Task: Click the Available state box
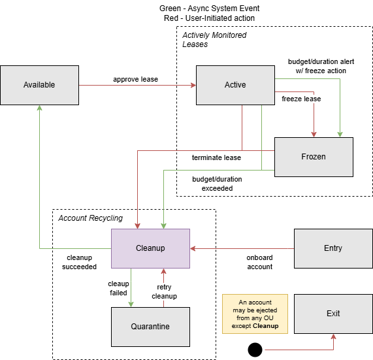39,85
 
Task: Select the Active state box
235,85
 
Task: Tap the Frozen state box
314,157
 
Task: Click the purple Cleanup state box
150,248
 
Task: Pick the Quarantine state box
150,327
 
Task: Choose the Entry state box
333,248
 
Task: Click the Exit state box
333,314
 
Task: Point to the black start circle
255,350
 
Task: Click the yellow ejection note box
255,314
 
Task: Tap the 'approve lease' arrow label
135,80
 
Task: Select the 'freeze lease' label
301,99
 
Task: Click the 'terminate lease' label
216,157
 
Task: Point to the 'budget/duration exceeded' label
217,184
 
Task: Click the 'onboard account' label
259,262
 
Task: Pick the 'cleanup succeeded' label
79,262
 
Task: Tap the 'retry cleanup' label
163,291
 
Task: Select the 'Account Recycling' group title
90,218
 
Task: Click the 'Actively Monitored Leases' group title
214,40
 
